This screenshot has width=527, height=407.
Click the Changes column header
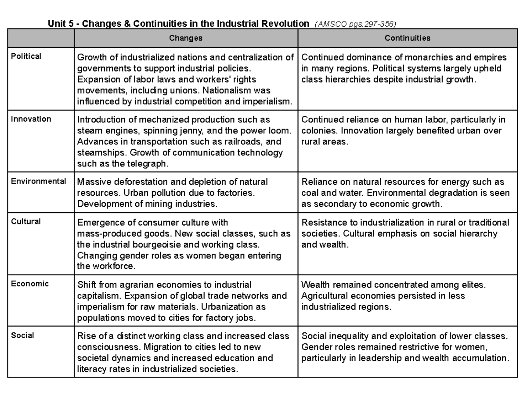click(x=186, y=38)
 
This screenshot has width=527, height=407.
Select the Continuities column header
click(x=407, y=38)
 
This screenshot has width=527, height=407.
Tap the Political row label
click(x=26, y=56)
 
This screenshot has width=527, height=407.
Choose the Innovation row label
click(x=31, y=119)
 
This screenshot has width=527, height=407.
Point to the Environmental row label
click(x=39, y=181)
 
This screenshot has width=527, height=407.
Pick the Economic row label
click(x=30, y=284)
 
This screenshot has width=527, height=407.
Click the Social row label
click(x=22, y=335)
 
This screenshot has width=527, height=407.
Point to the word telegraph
click(x=147, y=164)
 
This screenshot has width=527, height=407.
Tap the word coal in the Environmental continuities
click(x=309, y=193)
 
